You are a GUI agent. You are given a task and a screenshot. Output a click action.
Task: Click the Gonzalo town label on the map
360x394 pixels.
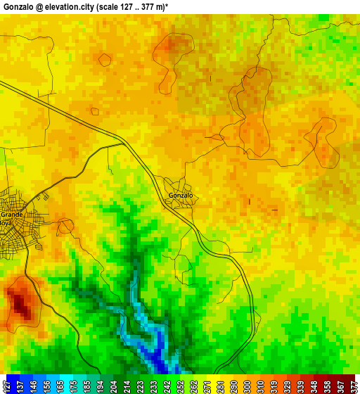click(x=181, y=195)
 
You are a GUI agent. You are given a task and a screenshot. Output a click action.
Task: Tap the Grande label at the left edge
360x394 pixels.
click(x=11, y=214)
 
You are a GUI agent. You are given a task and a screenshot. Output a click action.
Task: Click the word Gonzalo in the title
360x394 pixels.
click(x=19, y=6)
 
